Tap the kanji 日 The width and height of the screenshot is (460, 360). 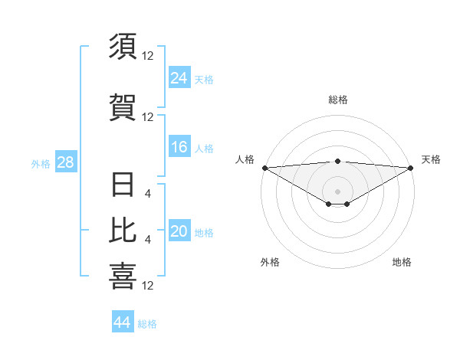[123, 185]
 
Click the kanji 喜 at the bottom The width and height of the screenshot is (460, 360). [123, 277]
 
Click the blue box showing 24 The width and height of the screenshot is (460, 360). [179, 77]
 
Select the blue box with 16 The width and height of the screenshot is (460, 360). [179, 147]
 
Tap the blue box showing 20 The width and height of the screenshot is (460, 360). [179, 231]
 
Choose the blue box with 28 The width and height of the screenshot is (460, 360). [65, 162]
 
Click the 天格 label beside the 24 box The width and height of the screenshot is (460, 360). [203, 79]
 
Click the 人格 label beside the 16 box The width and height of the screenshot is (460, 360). [203, 149]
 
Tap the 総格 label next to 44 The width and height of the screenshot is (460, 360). [147, 324]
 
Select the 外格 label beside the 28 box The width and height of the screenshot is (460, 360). [41, 164]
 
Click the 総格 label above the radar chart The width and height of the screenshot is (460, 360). [337, 100]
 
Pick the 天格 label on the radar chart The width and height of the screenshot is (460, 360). [431, 159]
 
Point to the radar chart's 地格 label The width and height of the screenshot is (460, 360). [402, 262]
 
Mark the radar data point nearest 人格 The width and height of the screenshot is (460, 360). [264, 167]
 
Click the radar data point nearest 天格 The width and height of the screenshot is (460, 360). [410, 167]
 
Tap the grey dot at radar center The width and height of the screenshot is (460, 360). [337, 191]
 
